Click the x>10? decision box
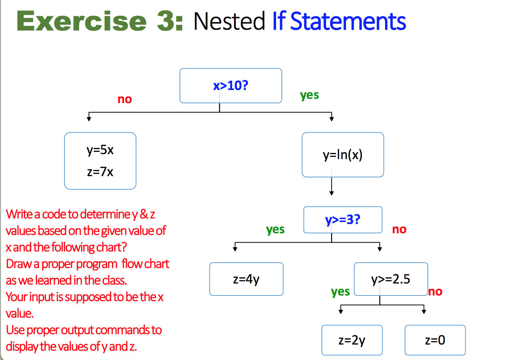tap(231, 86)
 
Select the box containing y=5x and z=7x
tap(100, 161)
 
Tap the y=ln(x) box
tap(343, 155)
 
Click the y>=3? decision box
tap(343, 220)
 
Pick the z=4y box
tap(246, 279)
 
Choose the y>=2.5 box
tap(390, 279)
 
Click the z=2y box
tap(352, 340)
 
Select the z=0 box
tap(435, 340)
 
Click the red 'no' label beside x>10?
tap(125, 99)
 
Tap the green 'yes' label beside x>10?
tap(309, 95)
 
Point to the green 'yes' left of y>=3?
tap(275, 229)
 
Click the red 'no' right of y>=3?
tap(399, 229)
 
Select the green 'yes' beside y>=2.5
tap(340, 292)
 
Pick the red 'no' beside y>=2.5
tap(435, 292)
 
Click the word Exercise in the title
tap(81, 21)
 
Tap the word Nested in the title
tap(229, 21)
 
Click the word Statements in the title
tap(348, 21)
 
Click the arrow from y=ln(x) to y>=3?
tap(331, 186)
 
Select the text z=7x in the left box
tap(100, 172)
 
